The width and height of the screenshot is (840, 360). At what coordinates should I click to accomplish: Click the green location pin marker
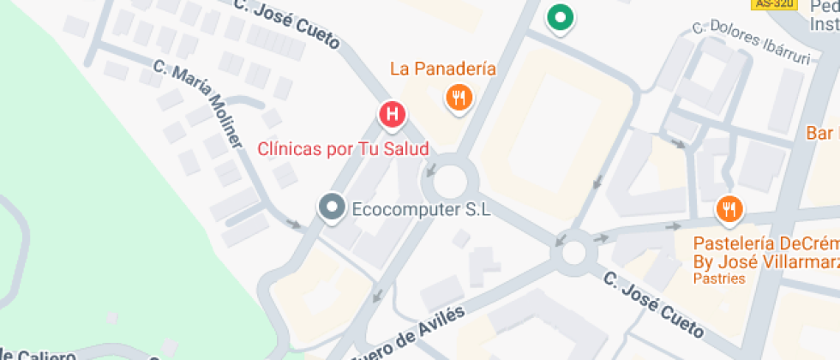point(560,16)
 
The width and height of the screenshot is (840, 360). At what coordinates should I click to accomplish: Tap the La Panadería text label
point(442,69)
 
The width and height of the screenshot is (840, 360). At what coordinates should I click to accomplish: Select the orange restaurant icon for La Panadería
point(459,98)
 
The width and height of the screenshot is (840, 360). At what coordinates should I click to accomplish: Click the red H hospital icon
point(393,113)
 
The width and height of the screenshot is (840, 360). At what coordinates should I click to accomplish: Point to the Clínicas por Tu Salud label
point(343,148)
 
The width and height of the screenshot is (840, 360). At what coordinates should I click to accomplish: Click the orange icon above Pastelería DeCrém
point(729,208)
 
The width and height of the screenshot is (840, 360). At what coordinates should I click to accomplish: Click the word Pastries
point(719,279)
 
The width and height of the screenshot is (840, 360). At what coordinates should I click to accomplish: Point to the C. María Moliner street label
point(198,103)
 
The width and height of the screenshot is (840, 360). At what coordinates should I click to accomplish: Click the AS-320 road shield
point(773,4)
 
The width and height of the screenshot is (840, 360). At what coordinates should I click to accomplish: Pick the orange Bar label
point(821,134)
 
